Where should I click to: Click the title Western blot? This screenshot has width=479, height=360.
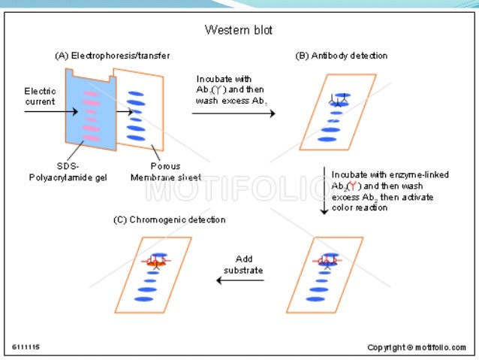(239, 31)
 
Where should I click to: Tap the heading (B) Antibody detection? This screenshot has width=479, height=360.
(342, 55)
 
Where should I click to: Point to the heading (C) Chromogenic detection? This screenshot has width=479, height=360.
(169, 220)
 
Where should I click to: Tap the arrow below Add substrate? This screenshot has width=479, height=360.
(240, 280)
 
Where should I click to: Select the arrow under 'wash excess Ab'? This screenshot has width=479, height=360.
(233, 113)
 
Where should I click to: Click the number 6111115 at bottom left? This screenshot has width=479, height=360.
(27, 346)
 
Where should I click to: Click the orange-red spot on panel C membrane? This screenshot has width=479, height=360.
(156, 262)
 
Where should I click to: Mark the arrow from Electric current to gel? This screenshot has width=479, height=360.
(50, 113)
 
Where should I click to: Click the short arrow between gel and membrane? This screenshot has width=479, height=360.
(127, 113)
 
